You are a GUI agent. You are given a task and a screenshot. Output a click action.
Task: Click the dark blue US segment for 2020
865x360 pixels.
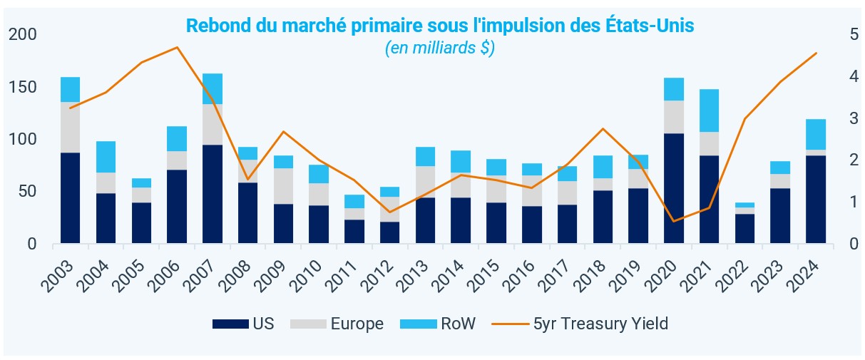tap(673, 188)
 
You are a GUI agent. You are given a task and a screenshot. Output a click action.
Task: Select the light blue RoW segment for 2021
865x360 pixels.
tap(709, 110)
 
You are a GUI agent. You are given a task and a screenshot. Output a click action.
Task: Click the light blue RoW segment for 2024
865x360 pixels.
tap(815, 134)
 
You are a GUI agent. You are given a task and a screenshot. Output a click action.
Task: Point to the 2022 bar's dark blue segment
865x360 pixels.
tap(744, 228)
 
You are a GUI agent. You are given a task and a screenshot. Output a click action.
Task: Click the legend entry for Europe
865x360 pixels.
tap(337, 324)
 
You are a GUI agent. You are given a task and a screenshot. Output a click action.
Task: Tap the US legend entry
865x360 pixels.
tap(242, 324)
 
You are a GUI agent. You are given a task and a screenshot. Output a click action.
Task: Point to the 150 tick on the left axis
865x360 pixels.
tap(23, 87)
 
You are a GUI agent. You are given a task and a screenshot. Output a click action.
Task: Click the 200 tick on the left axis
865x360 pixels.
tap(23, 34)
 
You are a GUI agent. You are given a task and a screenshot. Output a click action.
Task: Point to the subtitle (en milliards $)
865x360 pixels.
tap(440, 49)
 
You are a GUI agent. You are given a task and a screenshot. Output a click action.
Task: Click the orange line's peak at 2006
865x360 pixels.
tap(177, 47)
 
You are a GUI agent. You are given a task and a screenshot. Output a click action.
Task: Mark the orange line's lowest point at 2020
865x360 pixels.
tap(673, 221)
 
